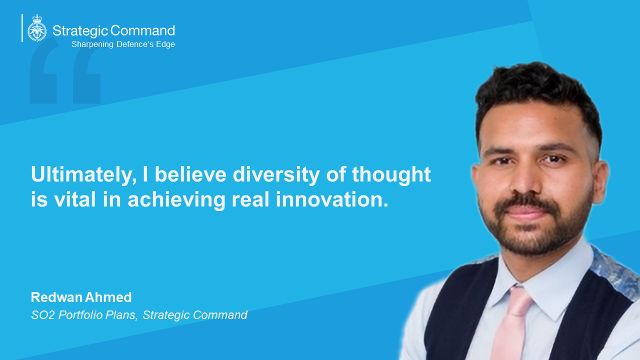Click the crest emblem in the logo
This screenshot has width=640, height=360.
(36, 28)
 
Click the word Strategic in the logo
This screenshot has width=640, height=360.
(80, 30)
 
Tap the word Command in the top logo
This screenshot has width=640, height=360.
(142, 30)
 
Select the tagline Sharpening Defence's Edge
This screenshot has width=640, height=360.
(123, 44)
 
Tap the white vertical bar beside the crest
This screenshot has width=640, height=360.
(22, 28)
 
